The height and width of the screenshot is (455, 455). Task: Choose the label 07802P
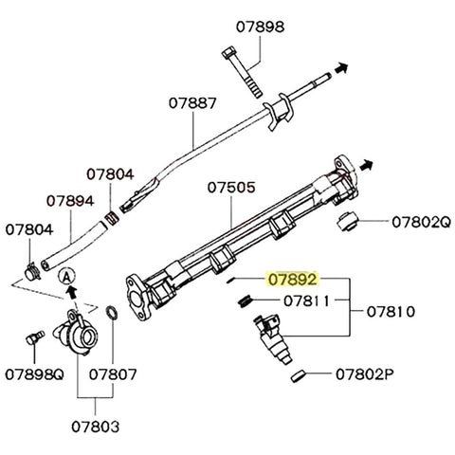pos(364,375)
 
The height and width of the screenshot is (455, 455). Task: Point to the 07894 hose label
pos(70,202)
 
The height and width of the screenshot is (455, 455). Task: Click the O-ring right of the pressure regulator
pos(111,314)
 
